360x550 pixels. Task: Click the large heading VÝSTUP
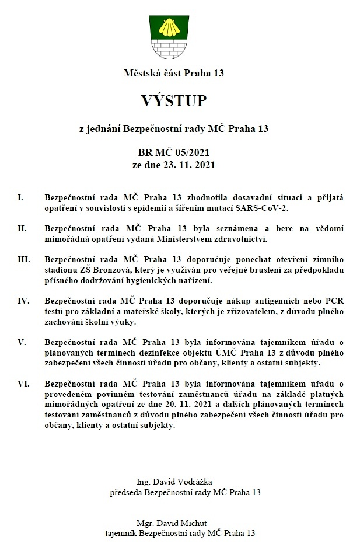pyautogui.click(x=174, y=101)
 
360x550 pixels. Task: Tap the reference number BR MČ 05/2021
pyautogui.click(x=173, y=153)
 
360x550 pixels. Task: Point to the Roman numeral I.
pyautogui.click(x=20, y=198)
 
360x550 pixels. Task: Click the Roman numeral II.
pyautogui.click(x=22, y=228)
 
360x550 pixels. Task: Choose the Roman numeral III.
pyautogui.click(x=23, y=259)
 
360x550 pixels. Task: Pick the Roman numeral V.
pyautogui.click(x=21, y=342)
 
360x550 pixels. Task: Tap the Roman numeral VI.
pyautogui.click(x=23, y=384)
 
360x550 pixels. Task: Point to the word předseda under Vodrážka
pyautogui.click(x=127, y=492)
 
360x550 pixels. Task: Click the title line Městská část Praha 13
pyautogui.click(x=174, y=74)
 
